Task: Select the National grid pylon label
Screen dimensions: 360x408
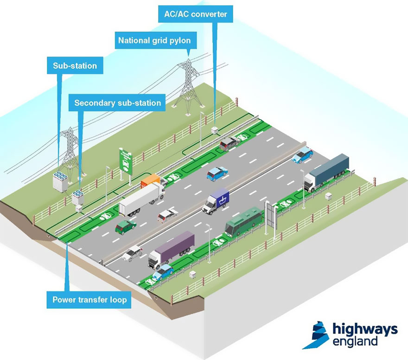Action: (x=154, y=40)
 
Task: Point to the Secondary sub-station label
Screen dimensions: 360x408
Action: (x=117, y=103)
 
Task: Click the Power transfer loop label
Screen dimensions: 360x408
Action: (x=89, y=300)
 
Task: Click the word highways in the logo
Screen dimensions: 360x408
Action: (x=365, y=329)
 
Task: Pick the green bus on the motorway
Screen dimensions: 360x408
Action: (x=243, y=221)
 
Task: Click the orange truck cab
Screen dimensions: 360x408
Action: (x=150, y=180)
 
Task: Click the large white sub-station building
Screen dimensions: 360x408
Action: (x=61, y=181)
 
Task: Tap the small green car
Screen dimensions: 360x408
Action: (x=126, y=226)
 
